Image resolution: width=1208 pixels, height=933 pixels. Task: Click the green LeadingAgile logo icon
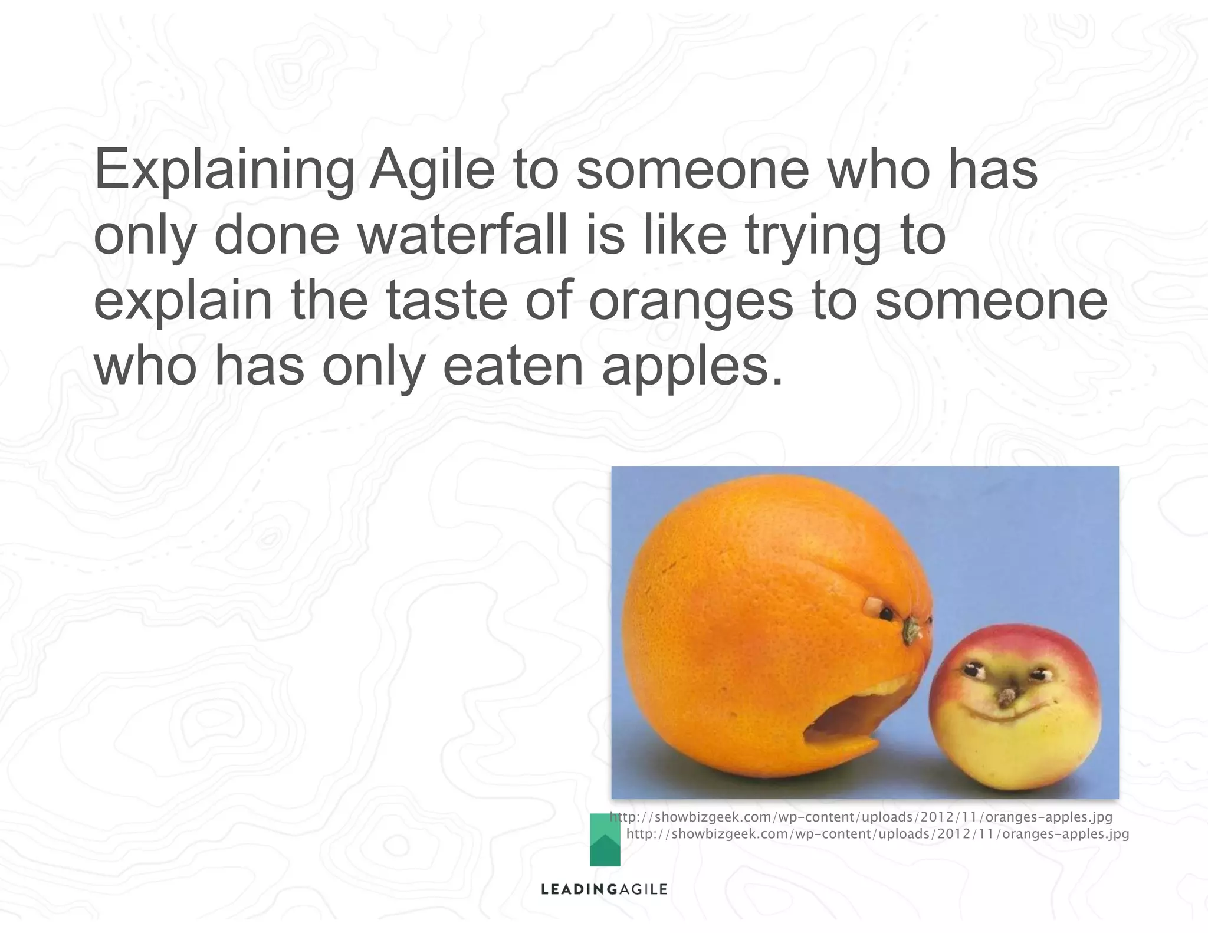pyautogui.click(x=605, y=840)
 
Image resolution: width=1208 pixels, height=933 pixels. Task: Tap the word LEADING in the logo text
pyautogui.click(x=571, y=889)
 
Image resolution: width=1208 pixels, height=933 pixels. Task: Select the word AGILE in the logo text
pyautogui.click(x=635, y=889)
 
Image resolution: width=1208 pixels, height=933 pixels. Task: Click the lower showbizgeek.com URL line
pyautogui.click(x=877, y=834)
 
